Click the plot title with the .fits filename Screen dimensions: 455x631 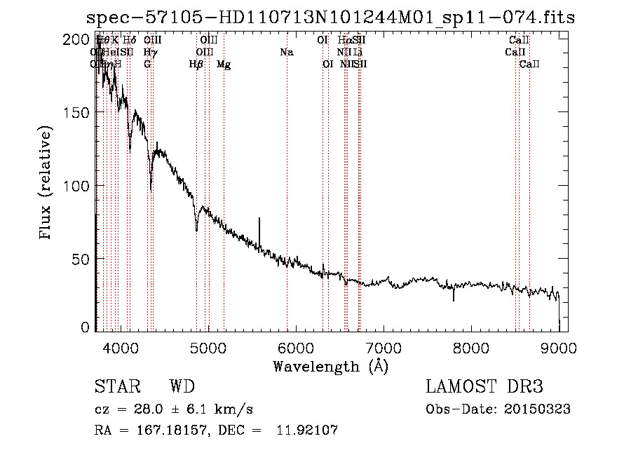pyautogui.click(x=330, y=18)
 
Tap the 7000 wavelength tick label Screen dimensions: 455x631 pyautogui.click(x=383, y=347)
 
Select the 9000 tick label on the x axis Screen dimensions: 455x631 pyautogui.click(x=559, y=347)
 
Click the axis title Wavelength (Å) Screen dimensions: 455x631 pyautogui.click(x=330, y=366)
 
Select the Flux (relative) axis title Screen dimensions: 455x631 pyautogui.click(x=47, y=184)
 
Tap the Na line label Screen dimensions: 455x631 pyautogui.click(x=286, y=52)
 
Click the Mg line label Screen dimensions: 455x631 pyautogui.click(x=224, y=64)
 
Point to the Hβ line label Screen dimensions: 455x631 pyautogui.click(x=196, y=64)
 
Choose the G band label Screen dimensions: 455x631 pyautogui.click(x=147, y=64)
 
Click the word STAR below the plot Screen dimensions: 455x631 pyautogui.click(x=116, y=387)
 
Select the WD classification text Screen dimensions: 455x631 pyautogui.click(x=182, y=387)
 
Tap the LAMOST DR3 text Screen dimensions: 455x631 pyautogui.click(x=484, y=387)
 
